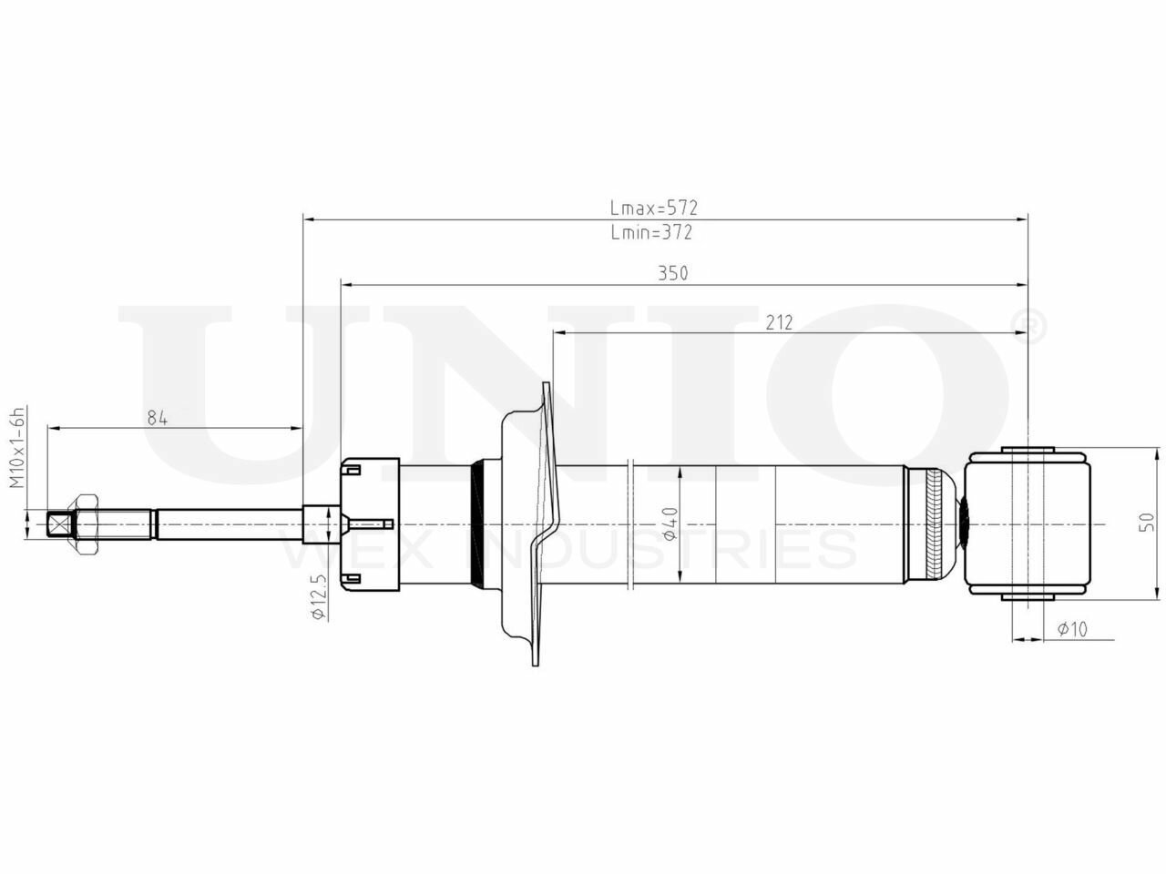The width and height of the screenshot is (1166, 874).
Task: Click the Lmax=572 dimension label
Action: [x=653, y=208]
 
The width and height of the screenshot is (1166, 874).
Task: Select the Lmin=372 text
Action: [x=651, y=232]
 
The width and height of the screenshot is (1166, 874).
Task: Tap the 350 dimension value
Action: [x=673, y=273]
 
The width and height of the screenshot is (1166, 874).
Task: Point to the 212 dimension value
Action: [x=779, y=322]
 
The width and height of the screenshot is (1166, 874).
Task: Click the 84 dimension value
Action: [x=158, y=418]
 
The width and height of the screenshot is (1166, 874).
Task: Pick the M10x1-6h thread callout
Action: [x=17, y=447]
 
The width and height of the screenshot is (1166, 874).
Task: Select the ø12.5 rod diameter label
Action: [x=319, y=596]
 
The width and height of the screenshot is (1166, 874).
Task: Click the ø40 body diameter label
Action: [x=670, y=523]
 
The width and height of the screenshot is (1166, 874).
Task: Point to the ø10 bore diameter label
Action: [x=1072, y=629]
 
